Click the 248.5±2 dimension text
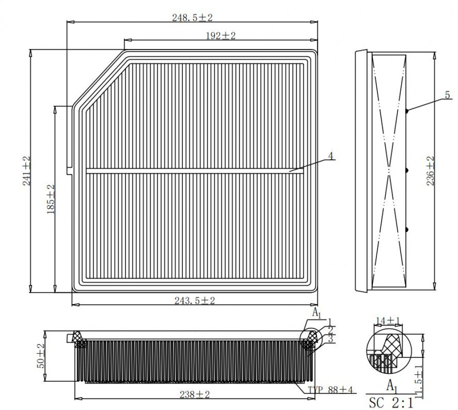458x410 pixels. [x=192, y=17]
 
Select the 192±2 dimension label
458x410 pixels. [x=221, y=36]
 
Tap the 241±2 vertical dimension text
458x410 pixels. [x=27, y=171]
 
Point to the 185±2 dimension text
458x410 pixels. [x=51, y=199]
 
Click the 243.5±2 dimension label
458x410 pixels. [x=195, y=301]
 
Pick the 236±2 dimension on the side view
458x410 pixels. [x=430, y=171]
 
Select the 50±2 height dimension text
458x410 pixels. [x=41, y=355]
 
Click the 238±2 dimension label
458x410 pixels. [x=195, y=394]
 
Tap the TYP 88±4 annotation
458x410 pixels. [x=331, y=389]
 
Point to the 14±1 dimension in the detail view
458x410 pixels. [x=387, y=321]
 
